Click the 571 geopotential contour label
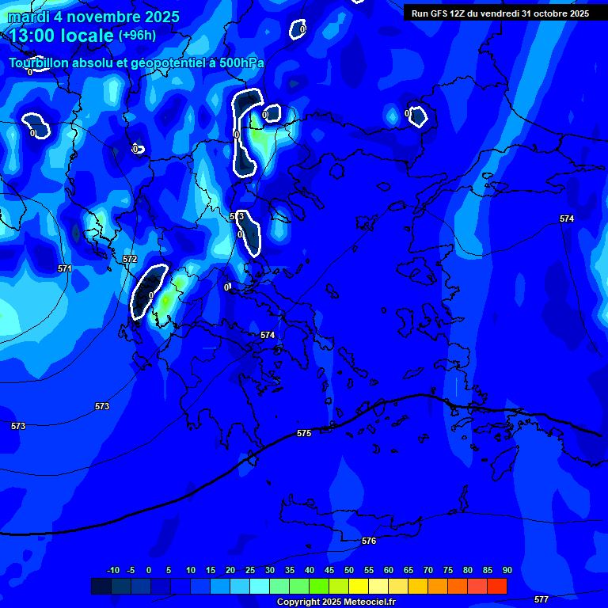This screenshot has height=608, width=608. click(64, 268)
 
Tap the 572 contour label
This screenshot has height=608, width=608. click(130, 259)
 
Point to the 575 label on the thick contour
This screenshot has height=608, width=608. click(304, 433)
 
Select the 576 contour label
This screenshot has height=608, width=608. click(369, 541)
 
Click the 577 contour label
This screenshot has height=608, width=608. click(541, 599)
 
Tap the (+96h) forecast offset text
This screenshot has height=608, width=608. click(137, 35)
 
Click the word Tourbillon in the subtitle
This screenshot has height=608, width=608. click(40, 63)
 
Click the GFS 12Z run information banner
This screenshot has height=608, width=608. click(500, 13)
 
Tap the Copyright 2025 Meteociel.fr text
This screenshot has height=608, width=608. click(336, 602)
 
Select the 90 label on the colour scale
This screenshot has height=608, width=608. click(507, 571)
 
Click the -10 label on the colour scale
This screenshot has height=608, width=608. click(112, 571)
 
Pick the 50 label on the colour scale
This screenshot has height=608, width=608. click(348, 571)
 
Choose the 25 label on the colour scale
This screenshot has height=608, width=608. click(249, 571)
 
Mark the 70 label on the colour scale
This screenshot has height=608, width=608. click(427, 571)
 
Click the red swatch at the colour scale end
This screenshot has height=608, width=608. click(497, 586)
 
